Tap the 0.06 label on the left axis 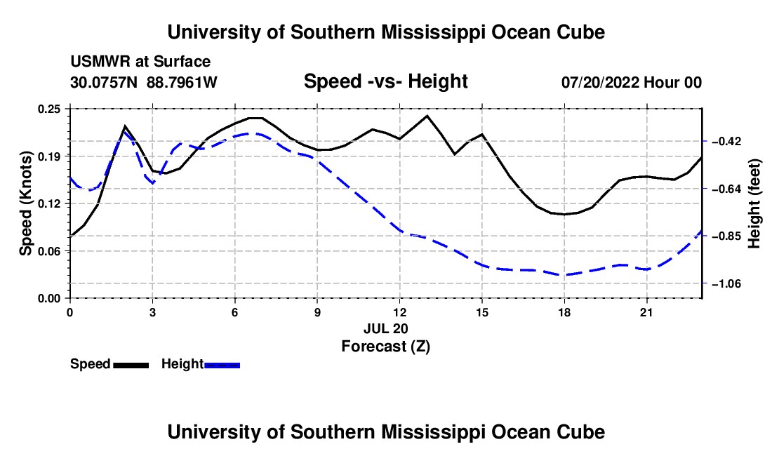(x=48, y=251)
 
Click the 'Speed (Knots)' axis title (x=25, y=203)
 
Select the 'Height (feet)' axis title (x=754, y=203)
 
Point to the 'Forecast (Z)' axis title (x=386, y=347)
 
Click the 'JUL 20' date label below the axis (x=386, y=328)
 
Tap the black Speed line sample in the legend (x=131, y=366)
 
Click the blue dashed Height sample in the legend (x=222, y=366)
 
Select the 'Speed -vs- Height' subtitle (x=386, y=81)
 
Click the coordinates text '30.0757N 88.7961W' (x=144, y=82)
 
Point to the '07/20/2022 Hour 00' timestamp (x=632, y=82)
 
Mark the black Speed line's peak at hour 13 (x=427, y=116)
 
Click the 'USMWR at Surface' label (x=140, y=62)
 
